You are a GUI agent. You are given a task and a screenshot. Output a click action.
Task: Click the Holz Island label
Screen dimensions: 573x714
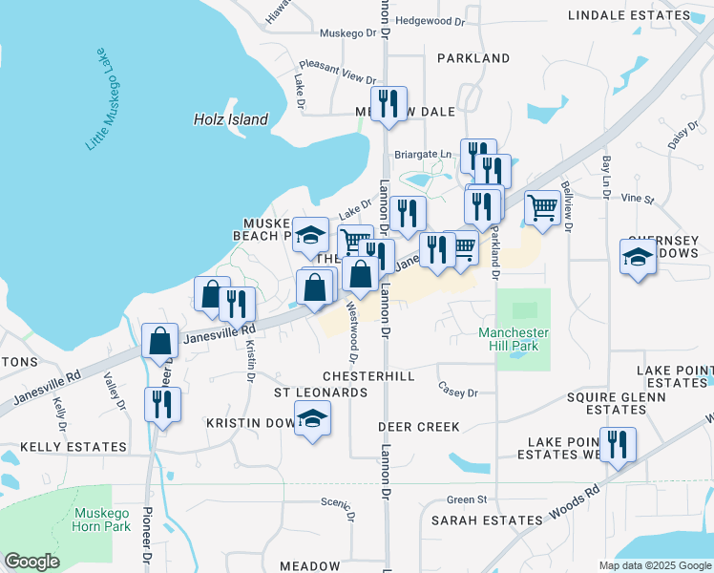coord(230,119)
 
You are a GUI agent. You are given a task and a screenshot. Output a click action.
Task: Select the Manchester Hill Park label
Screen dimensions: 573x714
coord(514,339)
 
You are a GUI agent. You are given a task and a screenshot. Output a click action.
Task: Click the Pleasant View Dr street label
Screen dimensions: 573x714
coord(344,76)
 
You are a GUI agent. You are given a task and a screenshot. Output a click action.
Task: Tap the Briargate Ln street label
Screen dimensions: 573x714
coord(422,154)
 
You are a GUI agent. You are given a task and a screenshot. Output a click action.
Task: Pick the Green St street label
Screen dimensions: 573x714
coord(467,499)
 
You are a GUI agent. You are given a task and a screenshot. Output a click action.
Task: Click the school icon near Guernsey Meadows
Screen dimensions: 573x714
coord(638,255)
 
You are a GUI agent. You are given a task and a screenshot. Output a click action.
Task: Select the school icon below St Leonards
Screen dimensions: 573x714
coord(311,418)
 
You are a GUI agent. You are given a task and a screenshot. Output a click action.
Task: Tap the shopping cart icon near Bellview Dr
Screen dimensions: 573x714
coord(542,205)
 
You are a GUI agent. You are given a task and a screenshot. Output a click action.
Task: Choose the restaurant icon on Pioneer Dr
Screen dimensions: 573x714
coord(161,403)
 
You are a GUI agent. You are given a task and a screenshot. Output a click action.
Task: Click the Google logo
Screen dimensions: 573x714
coord(31,562)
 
